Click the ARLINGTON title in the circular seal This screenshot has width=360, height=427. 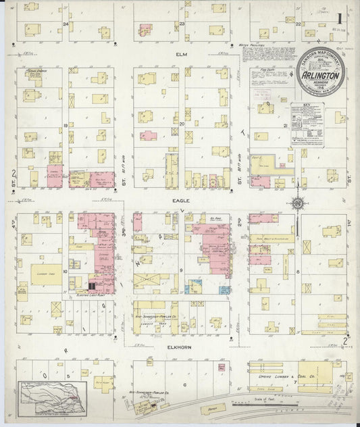pos(320,75)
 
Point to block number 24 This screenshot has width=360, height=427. pos(66,24)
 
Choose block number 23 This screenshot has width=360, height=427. pos(183,24)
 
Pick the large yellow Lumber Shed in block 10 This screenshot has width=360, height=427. pos(45,274)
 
